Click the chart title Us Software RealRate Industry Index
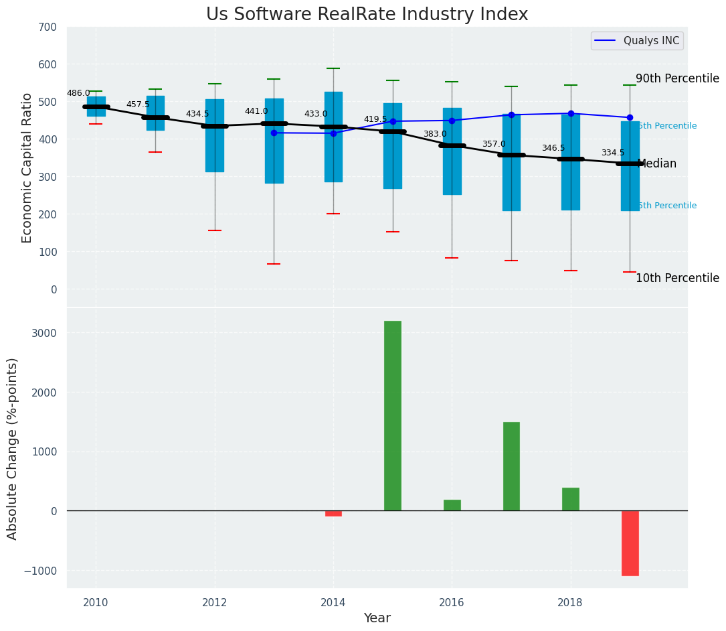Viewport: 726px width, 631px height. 367,15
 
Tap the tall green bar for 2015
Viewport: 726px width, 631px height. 393,415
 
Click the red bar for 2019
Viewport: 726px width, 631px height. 630,543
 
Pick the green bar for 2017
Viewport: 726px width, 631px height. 511,466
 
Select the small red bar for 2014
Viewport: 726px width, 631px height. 333,513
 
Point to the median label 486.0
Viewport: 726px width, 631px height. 78,93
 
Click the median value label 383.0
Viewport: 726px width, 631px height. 434,134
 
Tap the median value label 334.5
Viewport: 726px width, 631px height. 612,153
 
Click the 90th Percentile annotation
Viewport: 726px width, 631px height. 676,78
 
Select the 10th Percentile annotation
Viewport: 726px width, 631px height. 676,278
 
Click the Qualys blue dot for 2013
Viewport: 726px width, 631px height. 274,133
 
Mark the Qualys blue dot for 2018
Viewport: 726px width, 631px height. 571,113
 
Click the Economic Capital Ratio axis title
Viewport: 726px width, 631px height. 27,167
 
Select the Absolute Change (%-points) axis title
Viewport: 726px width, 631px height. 13,448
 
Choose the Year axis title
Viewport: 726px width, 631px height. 377,618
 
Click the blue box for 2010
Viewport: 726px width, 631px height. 96,106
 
